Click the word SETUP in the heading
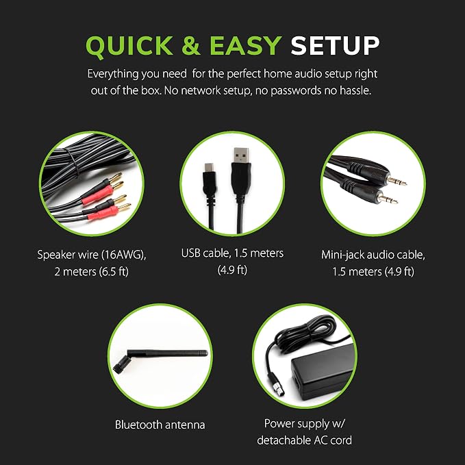pos(335,45)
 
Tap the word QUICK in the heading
pos(129,46)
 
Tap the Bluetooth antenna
pos(160,358)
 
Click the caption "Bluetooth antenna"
pos(160,425)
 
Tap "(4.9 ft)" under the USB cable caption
pos(232,270)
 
